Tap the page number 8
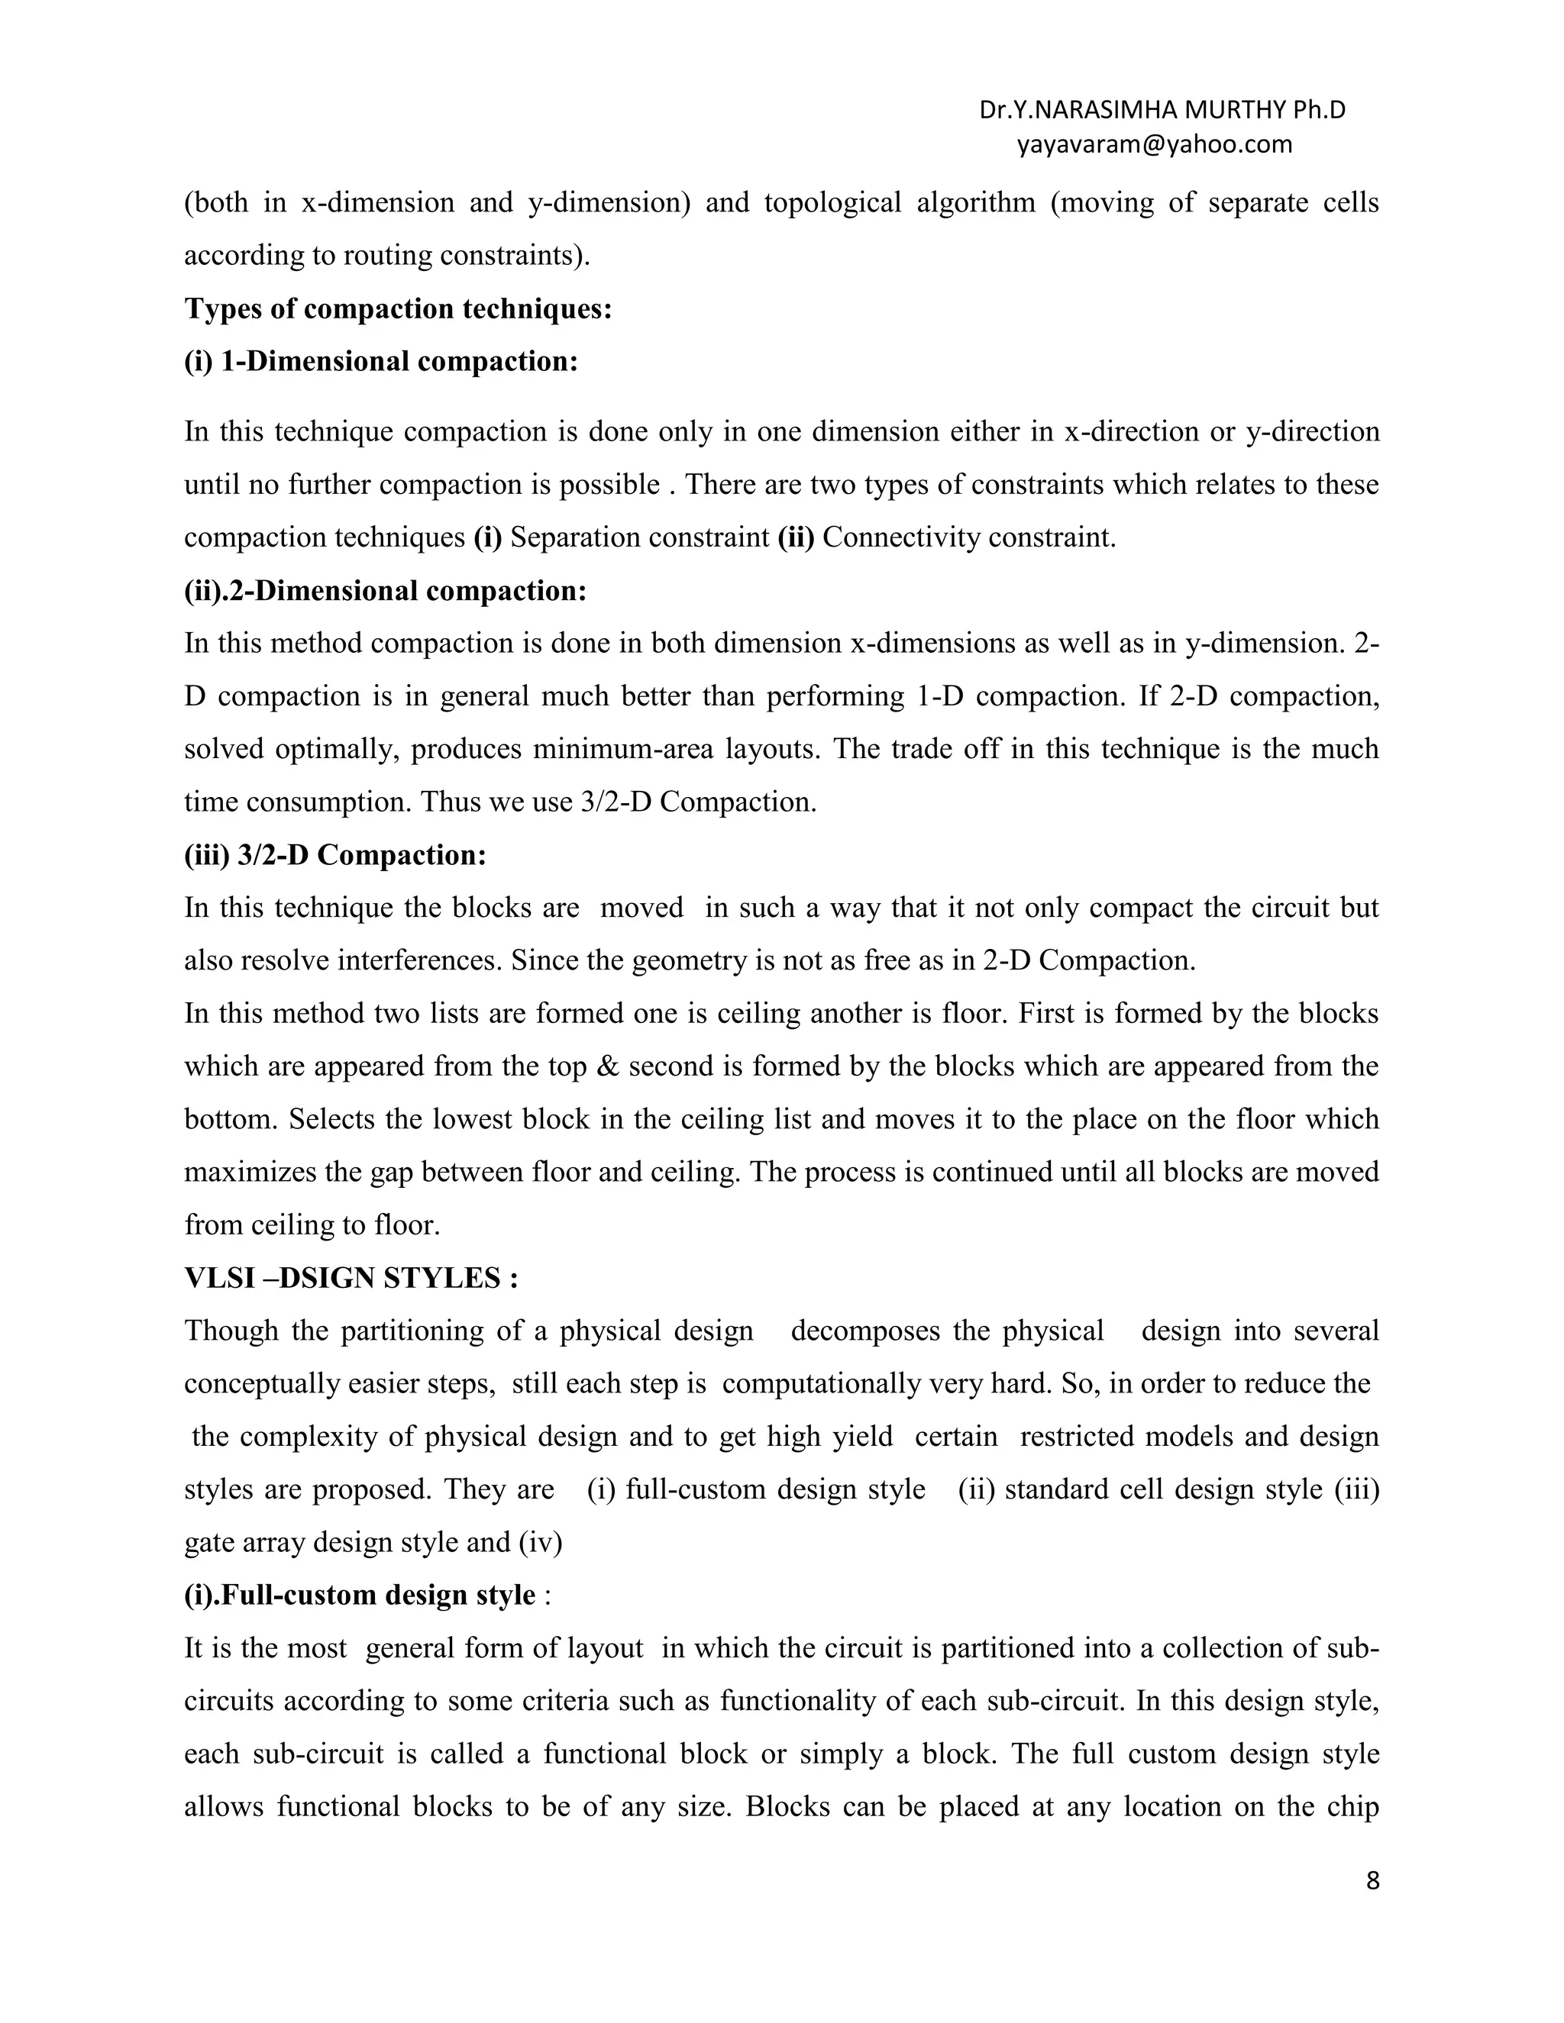1372,1881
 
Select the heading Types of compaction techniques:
399,308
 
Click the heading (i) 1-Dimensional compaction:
381,361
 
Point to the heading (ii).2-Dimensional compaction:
386,591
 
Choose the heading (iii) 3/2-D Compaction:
335,855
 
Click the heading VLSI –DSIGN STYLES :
351,1278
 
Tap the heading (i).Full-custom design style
360,1595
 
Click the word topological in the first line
832,203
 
